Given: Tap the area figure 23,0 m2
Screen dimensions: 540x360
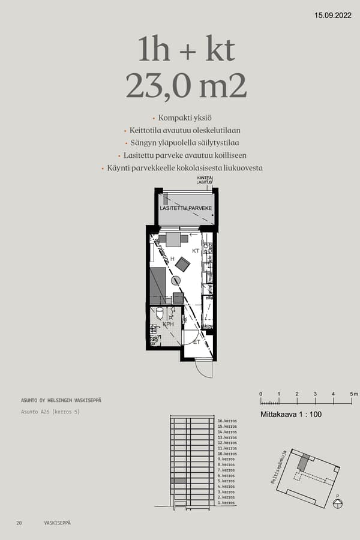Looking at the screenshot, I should pyautogui.click(x=186, y=86).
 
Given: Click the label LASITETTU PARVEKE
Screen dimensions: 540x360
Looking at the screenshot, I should pyautogui.click(x=185, y=208).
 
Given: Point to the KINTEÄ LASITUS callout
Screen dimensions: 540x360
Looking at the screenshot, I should pyautogui.click(x=205, y=180).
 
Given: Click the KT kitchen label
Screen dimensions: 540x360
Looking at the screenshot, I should pyautogui.click(x=196, y=251).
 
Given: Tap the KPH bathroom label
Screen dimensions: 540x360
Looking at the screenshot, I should pyautogui.click(x=169, y=325).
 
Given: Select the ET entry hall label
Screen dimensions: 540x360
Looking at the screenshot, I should pyautogui.click(x=196, y=342).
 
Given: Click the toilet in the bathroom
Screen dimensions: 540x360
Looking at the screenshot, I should pyautogui.click(x=160, y=313).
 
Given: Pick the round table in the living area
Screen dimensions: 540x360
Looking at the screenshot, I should pyautogui.click(x=175, y=280).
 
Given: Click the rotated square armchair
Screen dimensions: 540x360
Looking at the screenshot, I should pyautogui.click(x=182, y=264).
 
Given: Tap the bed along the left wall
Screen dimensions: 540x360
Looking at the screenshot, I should pyautogui.click(x=158, y=286).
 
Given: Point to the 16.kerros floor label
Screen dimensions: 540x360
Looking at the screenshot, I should pyautogui.click(x=227, y=421).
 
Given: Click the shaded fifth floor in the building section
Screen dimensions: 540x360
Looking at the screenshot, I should pyautogui.click(x=178, y=481).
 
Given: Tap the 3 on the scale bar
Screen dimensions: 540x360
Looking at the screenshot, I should pyautogui.click(x=315, y=394).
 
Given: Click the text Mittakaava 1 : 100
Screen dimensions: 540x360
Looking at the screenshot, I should pyautogui.click(x=291, y=415).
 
